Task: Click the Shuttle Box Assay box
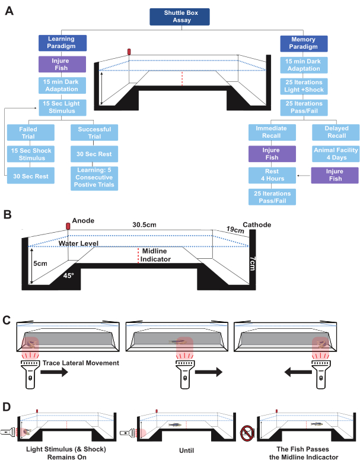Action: point(179,17)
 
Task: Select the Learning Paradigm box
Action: point(62,43)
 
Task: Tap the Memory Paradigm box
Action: point(304,43)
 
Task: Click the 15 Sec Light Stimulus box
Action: point(62,107)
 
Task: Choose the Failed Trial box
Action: point(31,132)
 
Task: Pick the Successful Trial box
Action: point(94,132)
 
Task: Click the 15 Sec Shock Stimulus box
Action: point(31,154)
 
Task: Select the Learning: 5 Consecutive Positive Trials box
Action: point(94,178)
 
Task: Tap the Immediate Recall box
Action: point(272,132)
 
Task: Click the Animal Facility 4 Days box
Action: point(336,154)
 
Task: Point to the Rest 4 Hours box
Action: point(272,175)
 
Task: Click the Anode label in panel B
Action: point(83,220)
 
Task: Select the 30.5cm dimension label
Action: point(144,224)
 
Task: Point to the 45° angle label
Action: point(68,275)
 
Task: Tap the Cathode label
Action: point(257,224)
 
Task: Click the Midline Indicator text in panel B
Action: point(155,255)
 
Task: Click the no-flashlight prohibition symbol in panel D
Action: point(247,433)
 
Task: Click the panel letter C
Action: point(7,320)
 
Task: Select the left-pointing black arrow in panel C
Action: point(297,372)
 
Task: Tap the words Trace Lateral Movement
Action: point(81,363)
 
